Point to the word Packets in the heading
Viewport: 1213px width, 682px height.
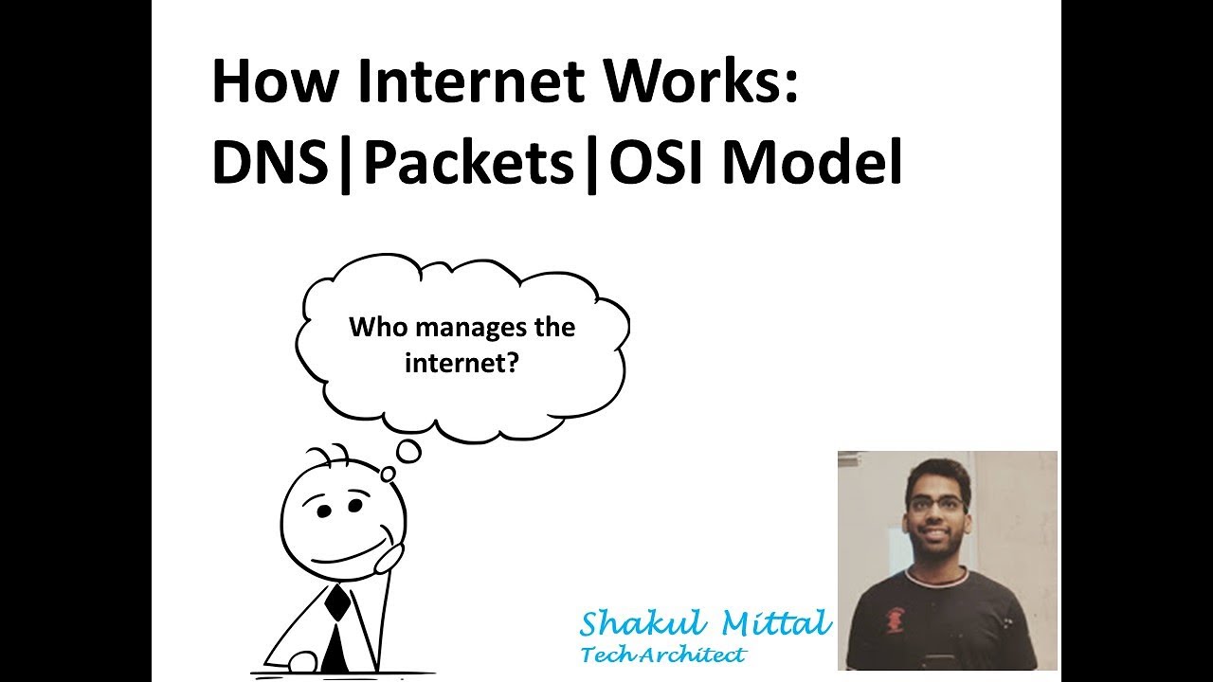[468, 163]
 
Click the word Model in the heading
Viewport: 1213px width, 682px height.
[812, 163]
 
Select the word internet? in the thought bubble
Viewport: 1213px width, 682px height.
[462, 362]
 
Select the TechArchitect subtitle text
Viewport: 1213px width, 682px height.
[663, 655]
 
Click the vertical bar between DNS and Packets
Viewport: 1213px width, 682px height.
[343, 165]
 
